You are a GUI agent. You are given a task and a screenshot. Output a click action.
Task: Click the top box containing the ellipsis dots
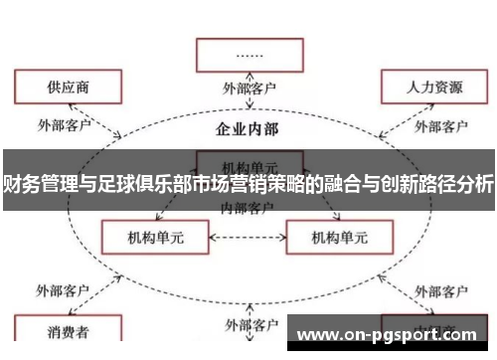click(x=248, y=54)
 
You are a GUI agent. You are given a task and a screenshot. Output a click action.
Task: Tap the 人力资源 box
click(x=434, y=88)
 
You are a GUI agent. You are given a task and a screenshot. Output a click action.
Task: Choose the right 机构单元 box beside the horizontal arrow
click(x=339, y=239)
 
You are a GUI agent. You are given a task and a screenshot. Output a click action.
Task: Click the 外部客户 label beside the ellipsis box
click(x=248, y=89)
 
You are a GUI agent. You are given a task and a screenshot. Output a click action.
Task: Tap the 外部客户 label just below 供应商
click(x=64, y=125)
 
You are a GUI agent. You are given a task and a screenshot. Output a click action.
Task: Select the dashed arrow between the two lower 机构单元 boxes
click(x=248, y=239)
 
